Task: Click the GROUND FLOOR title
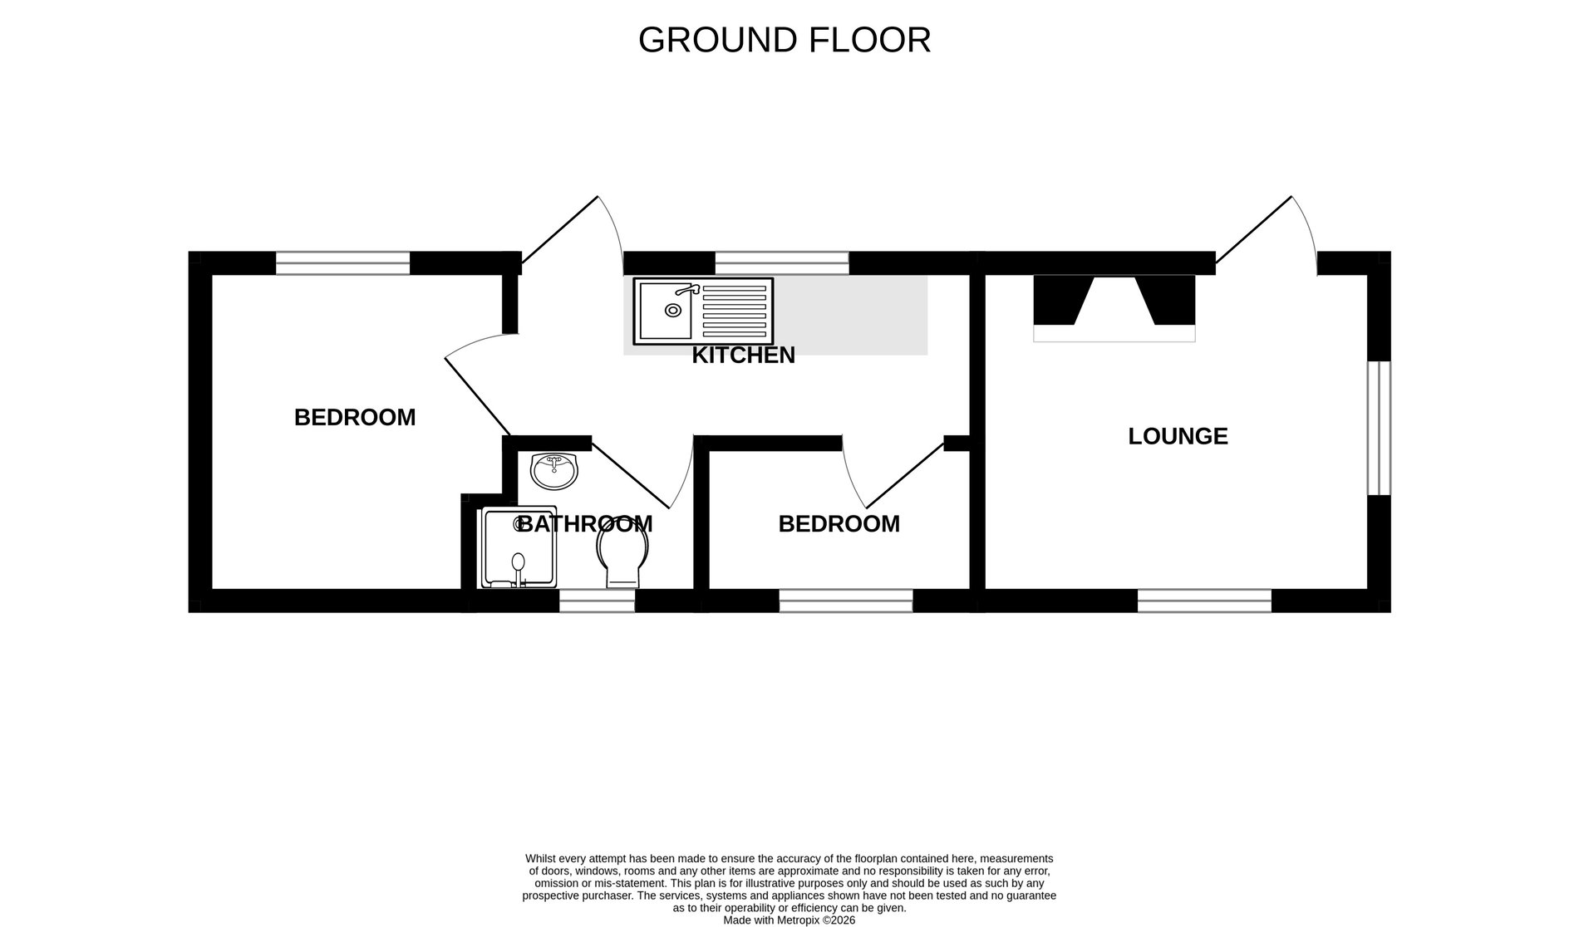click(784, 40)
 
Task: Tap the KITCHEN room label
click(743, 356)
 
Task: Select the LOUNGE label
click(1178, 436)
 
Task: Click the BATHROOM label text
click(585, 524)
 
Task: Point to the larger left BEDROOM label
click(355, 418)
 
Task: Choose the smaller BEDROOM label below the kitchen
click(839, 524)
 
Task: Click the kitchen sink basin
click(666, 311)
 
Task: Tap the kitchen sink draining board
click(734, 311)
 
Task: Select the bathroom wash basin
click(554, 471)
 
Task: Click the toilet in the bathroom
click(623, 557)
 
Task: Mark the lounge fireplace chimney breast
click(1114, 307)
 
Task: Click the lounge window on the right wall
click(1379, 428)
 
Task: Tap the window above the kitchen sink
click(782, 263)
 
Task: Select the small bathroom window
click(597, 601)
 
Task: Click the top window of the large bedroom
click(342, 263)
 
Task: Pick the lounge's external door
click(1265, 233)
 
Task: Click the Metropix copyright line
click(789, 920)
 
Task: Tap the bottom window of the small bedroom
click(845, 601)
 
